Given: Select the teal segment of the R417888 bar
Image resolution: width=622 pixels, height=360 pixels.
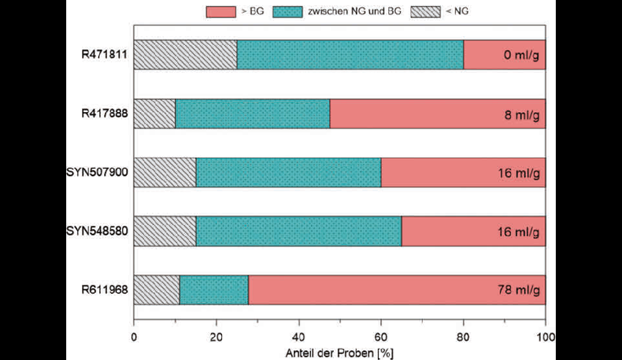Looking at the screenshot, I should point(252,114).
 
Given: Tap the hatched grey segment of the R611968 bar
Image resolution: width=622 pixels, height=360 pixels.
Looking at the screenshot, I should point(156,290).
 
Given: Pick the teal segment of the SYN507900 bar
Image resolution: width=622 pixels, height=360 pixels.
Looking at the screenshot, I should point(288,173).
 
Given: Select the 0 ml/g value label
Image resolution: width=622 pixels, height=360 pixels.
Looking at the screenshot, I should point(519,56).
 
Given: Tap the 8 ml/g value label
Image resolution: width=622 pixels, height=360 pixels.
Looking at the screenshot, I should point(519,115).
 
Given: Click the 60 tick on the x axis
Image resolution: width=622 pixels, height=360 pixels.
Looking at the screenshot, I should point(381,334).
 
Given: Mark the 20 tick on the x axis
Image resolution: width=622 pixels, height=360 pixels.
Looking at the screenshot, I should point(216,334).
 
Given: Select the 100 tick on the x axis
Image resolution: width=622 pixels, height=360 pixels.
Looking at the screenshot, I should point(545,334).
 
